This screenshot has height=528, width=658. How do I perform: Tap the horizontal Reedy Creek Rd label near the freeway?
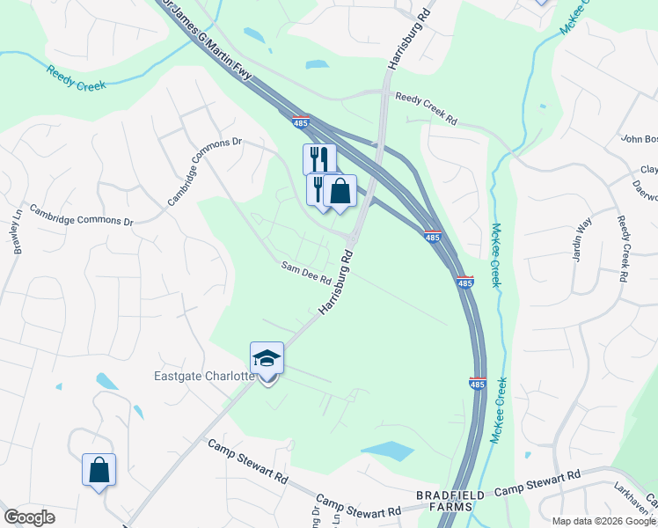pos(427,108)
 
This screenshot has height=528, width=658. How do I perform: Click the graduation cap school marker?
pos(267,359)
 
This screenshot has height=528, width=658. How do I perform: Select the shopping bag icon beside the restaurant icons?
pos(340,191)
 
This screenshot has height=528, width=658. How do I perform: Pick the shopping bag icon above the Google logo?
pos(99,470)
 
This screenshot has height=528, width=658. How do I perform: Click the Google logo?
pos(29,517)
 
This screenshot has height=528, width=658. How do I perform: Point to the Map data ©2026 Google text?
pos(603,520)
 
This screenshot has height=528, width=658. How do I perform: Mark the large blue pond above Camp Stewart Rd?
pos(386,451)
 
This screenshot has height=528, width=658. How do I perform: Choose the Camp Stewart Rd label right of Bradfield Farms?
pos(537,483)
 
